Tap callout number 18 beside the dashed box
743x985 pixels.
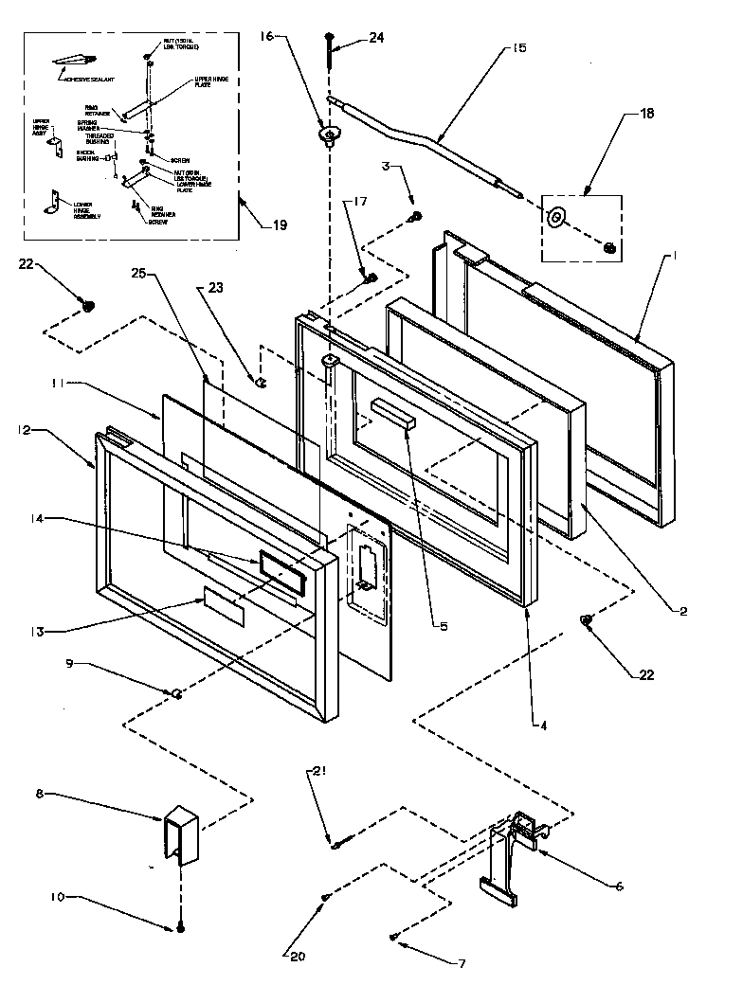click(646, 113)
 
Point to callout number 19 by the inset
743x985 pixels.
click(279, 225)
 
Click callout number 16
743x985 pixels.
click(266, 36)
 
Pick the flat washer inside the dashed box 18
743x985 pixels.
click(554, 218)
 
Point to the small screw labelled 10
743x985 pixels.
click(178, 929)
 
